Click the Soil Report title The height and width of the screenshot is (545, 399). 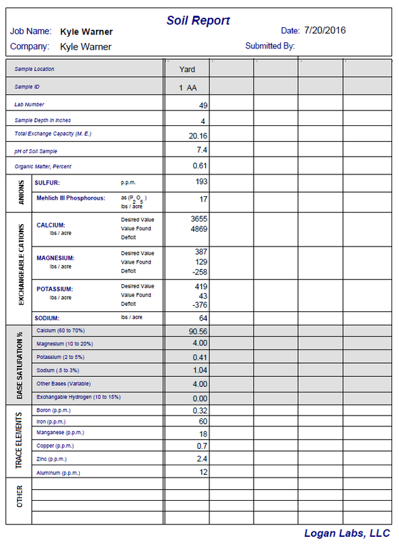[198, 20]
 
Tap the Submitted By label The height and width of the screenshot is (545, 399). [270, 46]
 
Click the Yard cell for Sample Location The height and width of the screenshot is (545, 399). [187, 69]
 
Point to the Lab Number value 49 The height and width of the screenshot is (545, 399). [203, 105]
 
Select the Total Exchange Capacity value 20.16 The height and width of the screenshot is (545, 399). [198, 136]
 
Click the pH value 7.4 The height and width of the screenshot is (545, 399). [201, 150]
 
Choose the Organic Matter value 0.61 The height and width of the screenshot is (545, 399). [199, 166]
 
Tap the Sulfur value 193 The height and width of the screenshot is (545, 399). [200, 182]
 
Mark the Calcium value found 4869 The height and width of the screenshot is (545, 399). [197, 229]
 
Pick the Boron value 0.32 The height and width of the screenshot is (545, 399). [199, 411]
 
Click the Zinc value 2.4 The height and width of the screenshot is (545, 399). [201, 459]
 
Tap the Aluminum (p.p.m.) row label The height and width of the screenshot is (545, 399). [59, 472]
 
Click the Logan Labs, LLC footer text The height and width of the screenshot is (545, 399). [346, 533]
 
